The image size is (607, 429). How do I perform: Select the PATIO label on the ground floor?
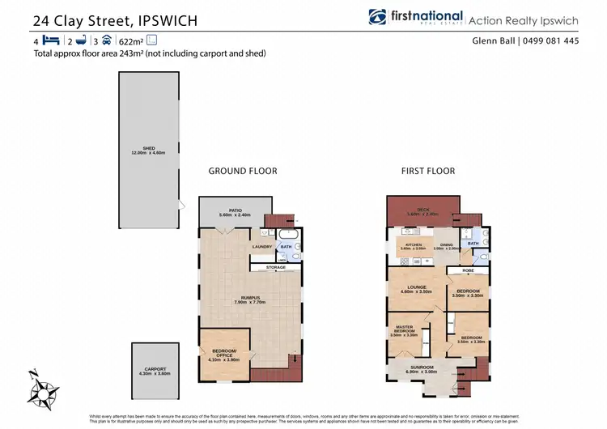click(236, 210)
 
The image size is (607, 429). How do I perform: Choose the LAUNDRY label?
click(262, 246)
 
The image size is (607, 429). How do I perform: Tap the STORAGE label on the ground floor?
click(276, 267)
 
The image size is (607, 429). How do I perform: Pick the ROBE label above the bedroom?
click(468, 270)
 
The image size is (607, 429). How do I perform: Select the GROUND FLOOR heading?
click(243, 171)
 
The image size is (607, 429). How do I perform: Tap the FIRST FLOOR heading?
click(427, 171)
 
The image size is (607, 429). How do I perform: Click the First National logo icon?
click(377, 18)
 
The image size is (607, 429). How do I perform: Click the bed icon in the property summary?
click(50, 40)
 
